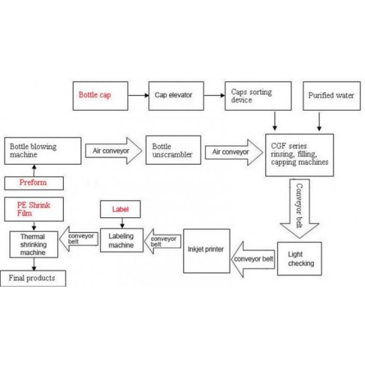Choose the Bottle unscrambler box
coord(173,151)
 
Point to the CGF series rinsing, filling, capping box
coord(299,155)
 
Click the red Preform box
coord(33,182)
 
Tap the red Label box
coord(121,210)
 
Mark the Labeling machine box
coord(120,240)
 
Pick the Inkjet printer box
coord(207,250)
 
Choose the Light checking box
coord(299,258)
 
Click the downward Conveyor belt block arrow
coord(299,208)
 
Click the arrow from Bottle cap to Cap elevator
coord(139,96)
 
